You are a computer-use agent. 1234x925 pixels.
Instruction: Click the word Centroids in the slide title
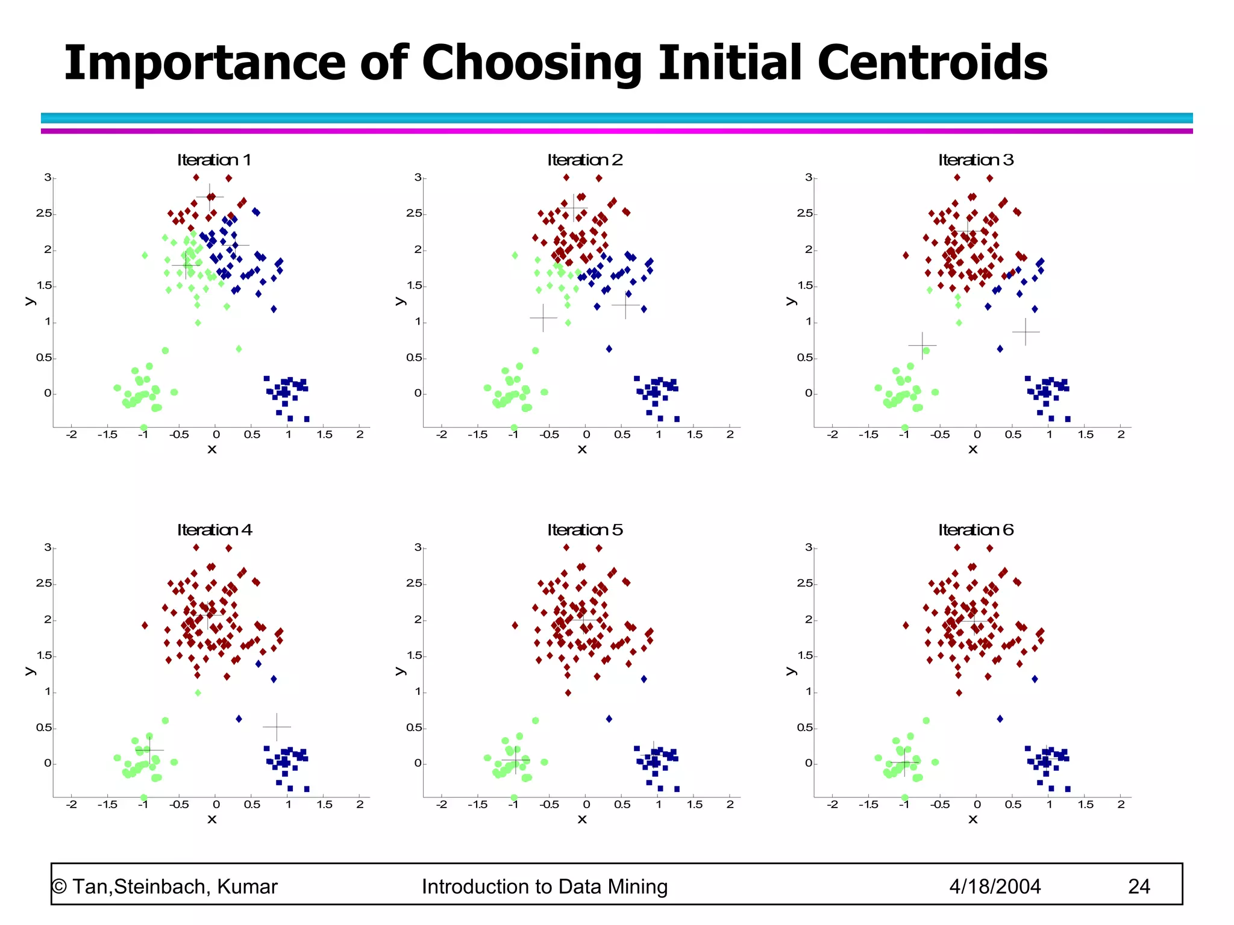click(x=932, y=63)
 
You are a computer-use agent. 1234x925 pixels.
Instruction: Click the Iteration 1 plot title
click(x=214, y=160)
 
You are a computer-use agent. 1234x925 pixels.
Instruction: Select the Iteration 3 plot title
click(x=976, y=160)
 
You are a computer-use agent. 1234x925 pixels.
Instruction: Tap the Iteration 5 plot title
click(x=584, y=530)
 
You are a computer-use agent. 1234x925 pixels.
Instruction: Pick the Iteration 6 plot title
click(x=976, y=530)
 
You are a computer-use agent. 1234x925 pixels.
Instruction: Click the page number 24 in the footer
click(x=1138, y=886)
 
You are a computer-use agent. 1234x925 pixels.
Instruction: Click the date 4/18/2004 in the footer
click(x=995, y=886)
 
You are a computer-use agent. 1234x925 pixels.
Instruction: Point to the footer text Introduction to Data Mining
click(x=545, y=886)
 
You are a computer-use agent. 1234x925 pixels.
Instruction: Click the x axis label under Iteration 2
click(x=582, y=449)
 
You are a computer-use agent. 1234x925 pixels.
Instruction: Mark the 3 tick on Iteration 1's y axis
click(x=48, y=178)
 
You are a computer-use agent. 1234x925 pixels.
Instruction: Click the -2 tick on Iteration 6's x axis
click(x=833, y=805)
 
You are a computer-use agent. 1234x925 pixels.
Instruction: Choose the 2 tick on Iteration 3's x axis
click(x=1121, y=435)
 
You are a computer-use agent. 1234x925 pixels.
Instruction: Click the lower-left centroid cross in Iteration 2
click(x=543, y=317)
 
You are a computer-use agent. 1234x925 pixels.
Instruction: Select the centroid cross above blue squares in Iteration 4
click(x=277, y=727)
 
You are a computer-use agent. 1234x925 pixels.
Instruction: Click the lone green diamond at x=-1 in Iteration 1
click(x=145, y=255)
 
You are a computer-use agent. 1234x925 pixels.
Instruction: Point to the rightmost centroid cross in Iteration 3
click(x=1026, y=332)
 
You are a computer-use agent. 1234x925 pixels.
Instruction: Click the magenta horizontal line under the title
click(x=616, y=131)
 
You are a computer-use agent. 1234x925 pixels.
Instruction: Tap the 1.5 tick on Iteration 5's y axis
click(x=414, y=656)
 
